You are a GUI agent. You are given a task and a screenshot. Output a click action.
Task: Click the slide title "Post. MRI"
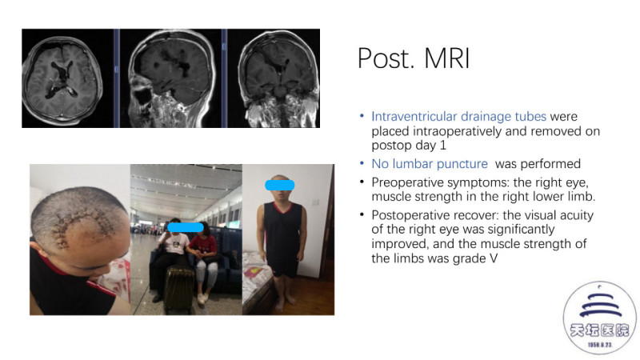[x=414, y=58]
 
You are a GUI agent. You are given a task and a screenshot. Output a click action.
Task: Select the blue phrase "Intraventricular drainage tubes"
[x=458, y=116]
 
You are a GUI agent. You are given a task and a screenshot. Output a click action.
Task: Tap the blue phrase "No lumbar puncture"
[x=430, y=164]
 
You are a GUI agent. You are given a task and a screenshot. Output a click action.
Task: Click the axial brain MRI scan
[x=63, y=79]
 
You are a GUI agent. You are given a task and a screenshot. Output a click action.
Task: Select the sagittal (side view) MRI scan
[x=171, y=78]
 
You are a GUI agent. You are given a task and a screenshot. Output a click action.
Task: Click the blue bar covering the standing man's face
[x=279, y=185]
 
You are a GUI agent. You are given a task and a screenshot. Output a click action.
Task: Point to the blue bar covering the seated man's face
[x=186, y=227]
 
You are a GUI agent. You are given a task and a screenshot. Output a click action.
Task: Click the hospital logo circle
[x=598, y=318]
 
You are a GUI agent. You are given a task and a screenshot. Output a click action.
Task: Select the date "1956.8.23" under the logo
[x=599, y=345]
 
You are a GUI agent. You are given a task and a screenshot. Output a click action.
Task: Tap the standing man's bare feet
[x=285, y=303]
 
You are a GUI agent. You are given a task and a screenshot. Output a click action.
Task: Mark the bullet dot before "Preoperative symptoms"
[x=362, y=182]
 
